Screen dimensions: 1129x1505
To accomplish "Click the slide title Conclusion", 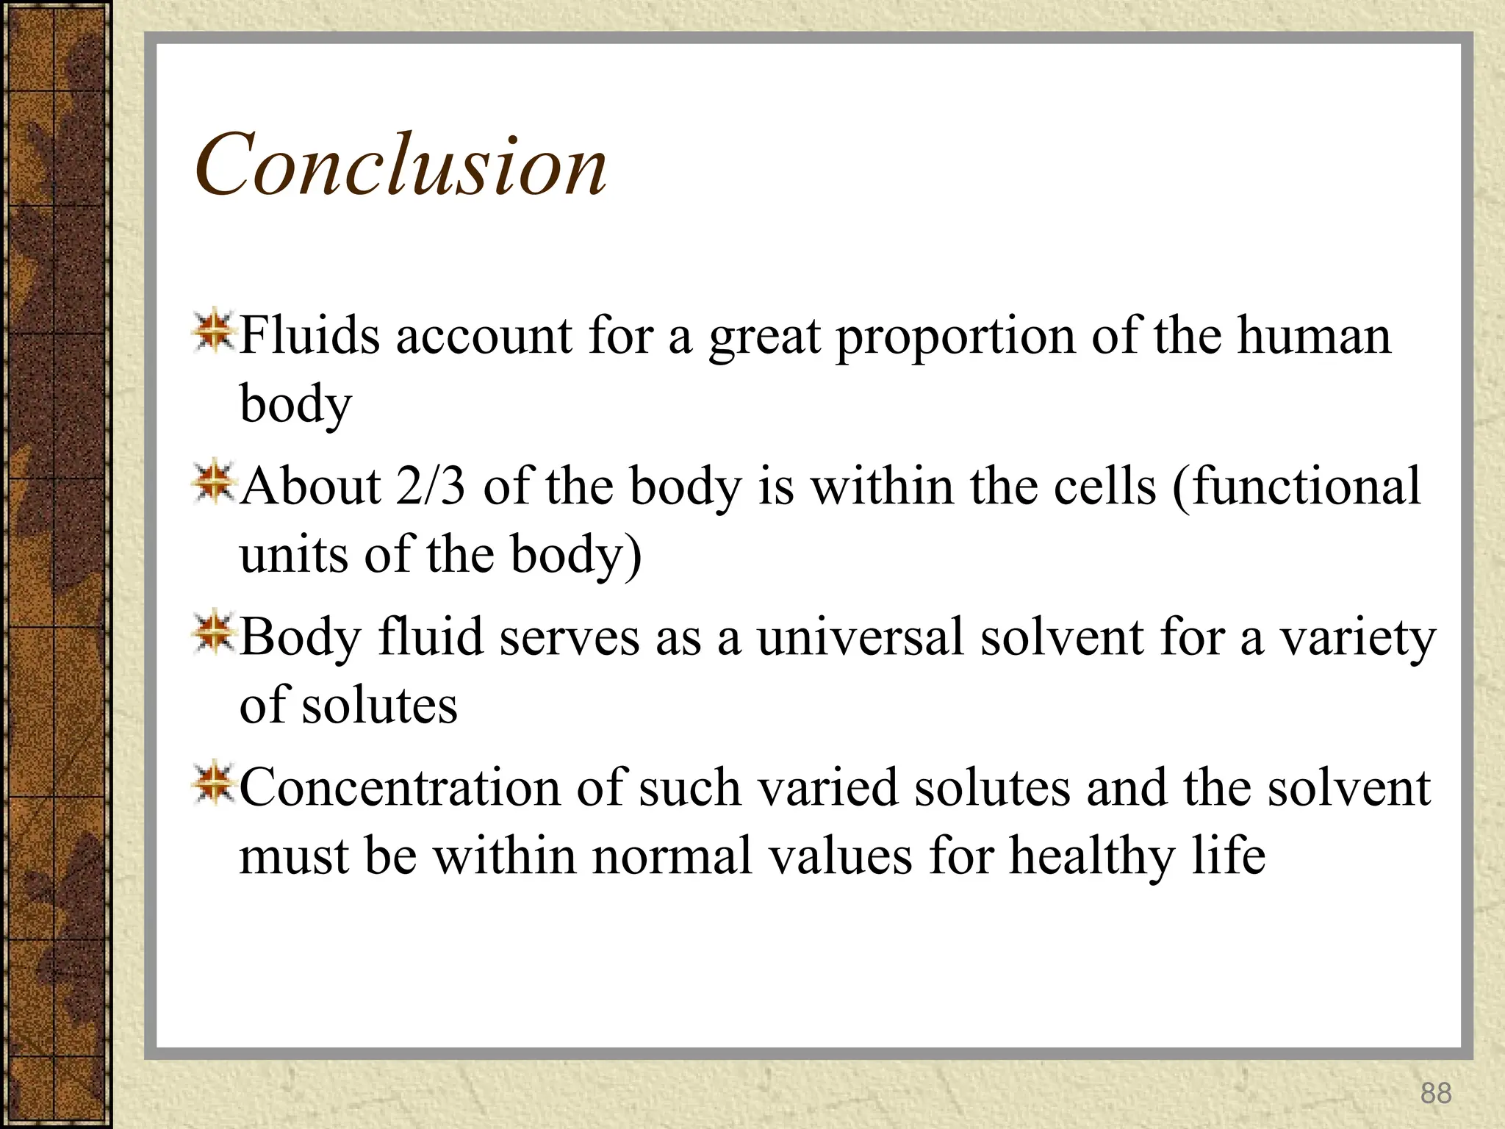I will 401,165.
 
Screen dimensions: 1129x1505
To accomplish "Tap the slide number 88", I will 1436,1093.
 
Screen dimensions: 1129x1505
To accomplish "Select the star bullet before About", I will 213,482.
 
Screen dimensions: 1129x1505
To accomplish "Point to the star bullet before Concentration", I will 213,784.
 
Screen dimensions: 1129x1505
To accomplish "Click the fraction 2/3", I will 430,487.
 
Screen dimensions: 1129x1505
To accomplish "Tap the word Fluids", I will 310,336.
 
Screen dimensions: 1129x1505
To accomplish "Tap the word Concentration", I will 400,788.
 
